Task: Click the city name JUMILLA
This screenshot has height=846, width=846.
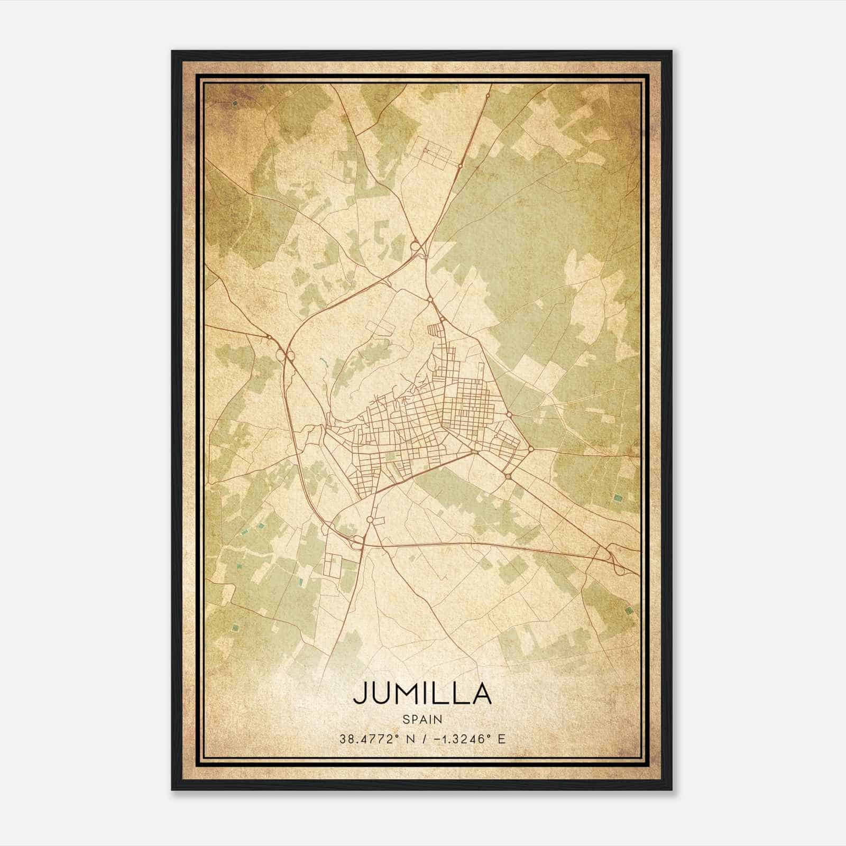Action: click(x=422, y=693)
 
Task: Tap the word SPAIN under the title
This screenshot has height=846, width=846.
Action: click(x=422, y=719)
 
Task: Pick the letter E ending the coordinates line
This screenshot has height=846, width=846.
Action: click(x=502, y=739)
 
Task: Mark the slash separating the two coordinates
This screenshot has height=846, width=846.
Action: click(x=423, y=739)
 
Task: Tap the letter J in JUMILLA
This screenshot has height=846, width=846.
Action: click(x=360, y=693)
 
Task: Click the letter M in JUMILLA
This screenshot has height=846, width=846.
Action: click(x=408, y=693)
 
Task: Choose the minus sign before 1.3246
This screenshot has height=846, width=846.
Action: click(x=436, y=739)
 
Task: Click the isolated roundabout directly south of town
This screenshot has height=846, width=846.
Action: click(x=370, y=520)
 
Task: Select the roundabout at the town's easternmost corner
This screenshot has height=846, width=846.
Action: click(x=530, y=449)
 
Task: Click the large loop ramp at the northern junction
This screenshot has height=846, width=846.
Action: click(x=416, y=246)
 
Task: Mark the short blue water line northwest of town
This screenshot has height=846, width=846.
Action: click(x=322, y=363)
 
